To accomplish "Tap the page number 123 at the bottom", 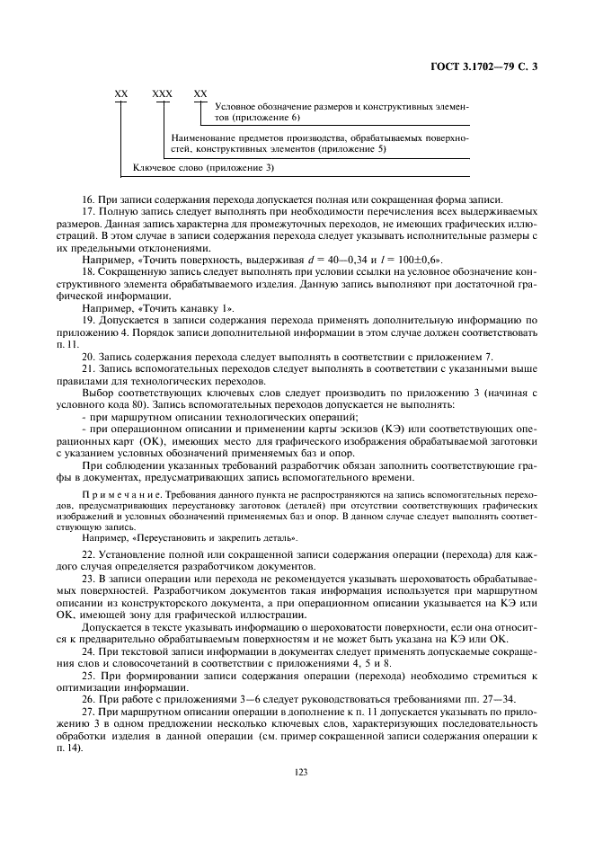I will tap(297, 770).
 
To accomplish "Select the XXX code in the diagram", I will tap(162, 93).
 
